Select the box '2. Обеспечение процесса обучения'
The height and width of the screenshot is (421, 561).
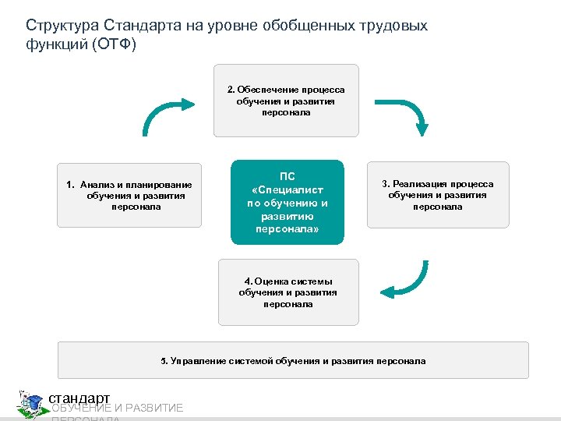[286, 101]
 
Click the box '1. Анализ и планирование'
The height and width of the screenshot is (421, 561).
[129, 195]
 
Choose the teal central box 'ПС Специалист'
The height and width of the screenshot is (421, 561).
[287, 202]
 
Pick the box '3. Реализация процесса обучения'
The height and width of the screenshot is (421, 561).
[437, 195]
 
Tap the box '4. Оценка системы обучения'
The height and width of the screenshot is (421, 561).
[288, 292]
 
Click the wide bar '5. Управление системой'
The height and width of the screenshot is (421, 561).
[293, 360]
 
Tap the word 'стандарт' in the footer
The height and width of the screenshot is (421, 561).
[79, 398]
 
